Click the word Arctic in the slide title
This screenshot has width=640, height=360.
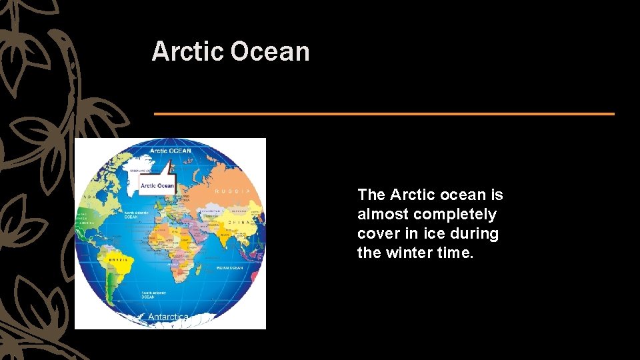187,52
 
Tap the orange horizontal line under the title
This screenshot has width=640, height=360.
384,114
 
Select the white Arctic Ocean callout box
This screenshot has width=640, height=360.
157,185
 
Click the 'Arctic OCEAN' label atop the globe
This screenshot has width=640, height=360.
170,151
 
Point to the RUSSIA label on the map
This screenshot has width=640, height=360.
233,191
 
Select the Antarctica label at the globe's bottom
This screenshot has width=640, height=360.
167,317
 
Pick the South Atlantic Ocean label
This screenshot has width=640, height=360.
153,294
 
